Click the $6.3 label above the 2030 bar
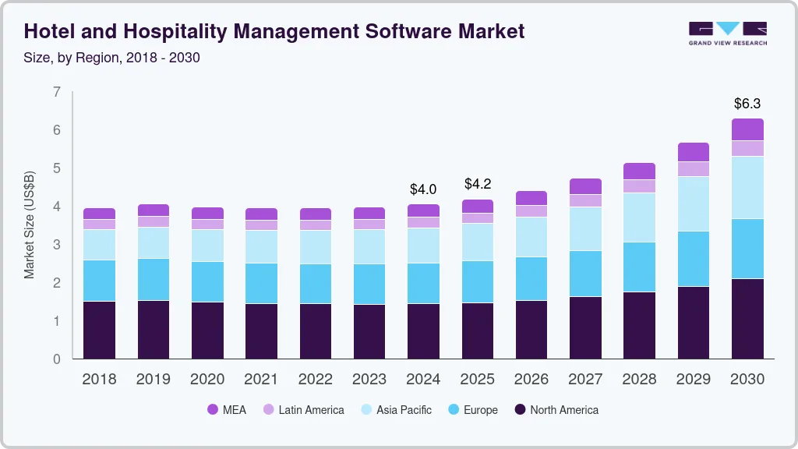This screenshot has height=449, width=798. pos(747,103)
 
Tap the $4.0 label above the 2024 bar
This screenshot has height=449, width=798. pos(423,189)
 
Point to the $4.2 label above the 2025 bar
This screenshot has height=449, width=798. pos(477,184)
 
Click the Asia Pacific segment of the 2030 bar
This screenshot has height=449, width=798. pos(747,187)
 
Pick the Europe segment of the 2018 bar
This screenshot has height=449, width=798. pos(100,280)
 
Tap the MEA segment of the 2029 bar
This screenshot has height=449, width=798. pos(694,152)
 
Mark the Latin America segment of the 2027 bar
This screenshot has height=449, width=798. pos(585,200)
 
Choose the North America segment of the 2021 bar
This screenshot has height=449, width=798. pos(261,331)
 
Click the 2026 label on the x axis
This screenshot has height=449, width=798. pos(531,380)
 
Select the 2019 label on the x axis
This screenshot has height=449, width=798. pos(154,380)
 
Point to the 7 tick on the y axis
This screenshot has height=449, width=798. pos(57,92)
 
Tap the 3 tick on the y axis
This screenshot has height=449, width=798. pos(57,245)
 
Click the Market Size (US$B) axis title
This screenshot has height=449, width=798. pos(30,224)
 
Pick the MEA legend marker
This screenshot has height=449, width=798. pos(213,410)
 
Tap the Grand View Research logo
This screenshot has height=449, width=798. pos(727,32)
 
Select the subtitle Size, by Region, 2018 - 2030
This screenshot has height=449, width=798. pos(112,57)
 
